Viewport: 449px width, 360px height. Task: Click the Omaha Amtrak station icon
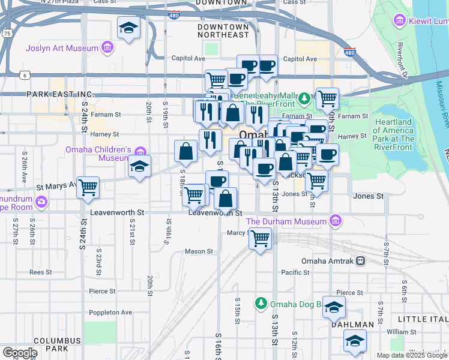pos(360,261)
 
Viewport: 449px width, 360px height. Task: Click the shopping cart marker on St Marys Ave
pos(88,188)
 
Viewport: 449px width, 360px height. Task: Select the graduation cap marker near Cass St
pos(128,28)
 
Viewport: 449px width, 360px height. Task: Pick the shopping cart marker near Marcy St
pos(260,239)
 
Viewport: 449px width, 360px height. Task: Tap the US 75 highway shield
pos(6,34)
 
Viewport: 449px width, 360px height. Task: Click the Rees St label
pos(40,272)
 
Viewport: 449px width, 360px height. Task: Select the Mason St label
pos(199,251)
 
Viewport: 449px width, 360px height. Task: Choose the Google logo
pos(20,353)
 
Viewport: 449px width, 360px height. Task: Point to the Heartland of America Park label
pos(393,134)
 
